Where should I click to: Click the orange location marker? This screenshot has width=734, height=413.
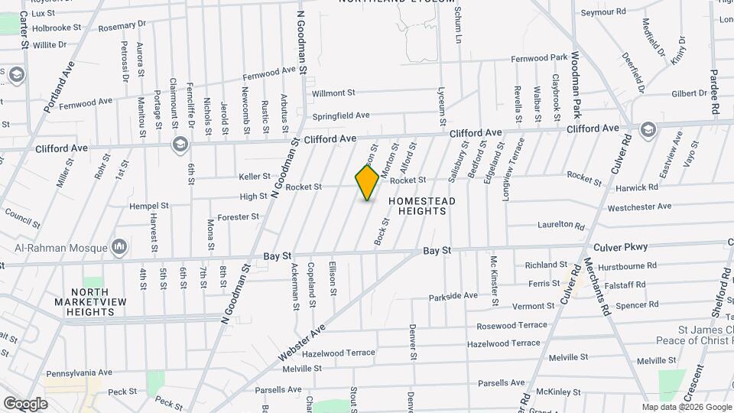click(x=367, y=182)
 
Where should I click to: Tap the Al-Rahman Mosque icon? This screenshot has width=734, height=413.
click(x=119, y=247)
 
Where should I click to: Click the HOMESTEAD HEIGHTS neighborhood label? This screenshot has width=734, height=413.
click(x=421, y=206)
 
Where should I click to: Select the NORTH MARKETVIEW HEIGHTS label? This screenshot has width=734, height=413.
click(x=91, y=302)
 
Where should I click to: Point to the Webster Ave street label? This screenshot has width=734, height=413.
click(x=302, y=342)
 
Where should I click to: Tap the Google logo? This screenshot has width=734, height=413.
click(x=25, y=403)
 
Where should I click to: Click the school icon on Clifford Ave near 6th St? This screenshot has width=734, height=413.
click(x=180, y=144)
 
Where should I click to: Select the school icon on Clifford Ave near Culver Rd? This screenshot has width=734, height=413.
click(x=648, y=128)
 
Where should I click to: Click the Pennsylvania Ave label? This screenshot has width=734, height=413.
click(x=81, y=373)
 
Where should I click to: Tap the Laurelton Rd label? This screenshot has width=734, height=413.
click(x=560, y=226)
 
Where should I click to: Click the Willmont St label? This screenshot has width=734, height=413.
click(x=333, y=93)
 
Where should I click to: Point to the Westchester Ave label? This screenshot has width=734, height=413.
click(x=639, y=206)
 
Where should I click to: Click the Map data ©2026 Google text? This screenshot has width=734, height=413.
click(x=687, y=407)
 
